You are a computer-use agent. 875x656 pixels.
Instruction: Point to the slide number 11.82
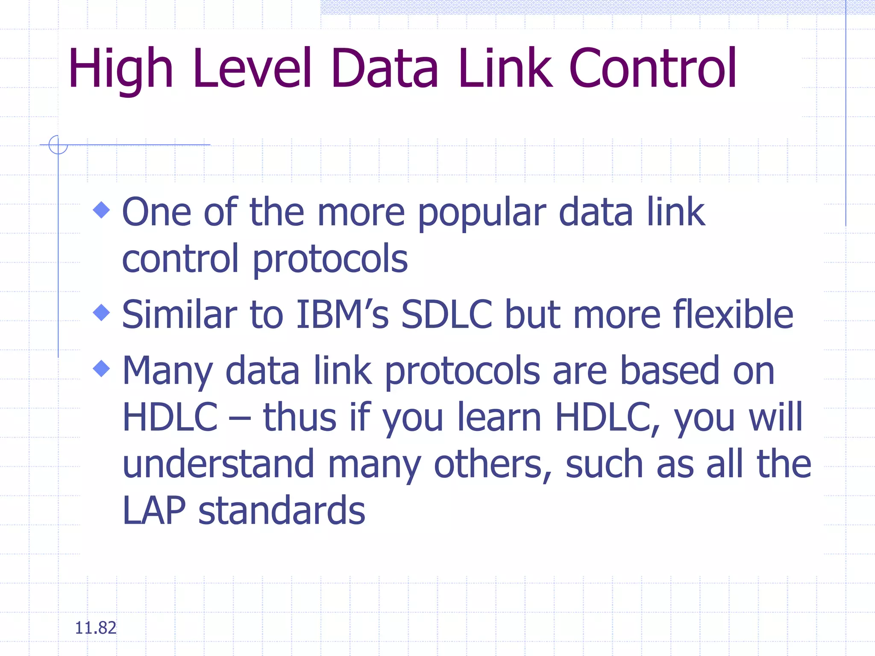click(x=95, y=628)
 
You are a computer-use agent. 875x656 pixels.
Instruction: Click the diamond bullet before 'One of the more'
click(x=101, y=210)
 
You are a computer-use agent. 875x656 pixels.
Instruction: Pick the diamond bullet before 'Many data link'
click(x=101, y=368)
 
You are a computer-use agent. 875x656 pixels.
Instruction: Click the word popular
click(x=482, y=214)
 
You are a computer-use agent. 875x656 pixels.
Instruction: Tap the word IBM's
click(x=342, y=314)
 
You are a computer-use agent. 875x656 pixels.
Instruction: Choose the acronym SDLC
click(x=447, y=314)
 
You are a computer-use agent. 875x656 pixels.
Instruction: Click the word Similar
click(x=179, y=314)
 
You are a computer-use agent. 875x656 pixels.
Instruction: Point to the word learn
click(x=499, y=417)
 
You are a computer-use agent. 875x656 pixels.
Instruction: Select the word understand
click(x=218, y=464)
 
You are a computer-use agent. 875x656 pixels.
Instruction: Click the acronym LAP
click(x=154, y=511)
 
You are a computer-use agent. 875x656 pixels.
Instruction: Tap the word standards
click(x=282, y=511)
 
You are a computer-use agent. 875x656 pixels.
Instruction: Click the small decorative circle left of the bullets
click(x=58, y=144)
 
